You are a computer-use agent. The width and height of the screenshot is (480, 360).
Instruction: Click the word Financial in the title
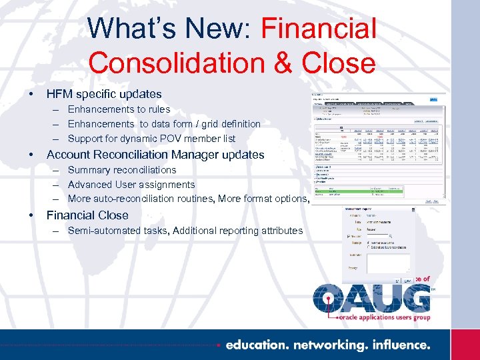pos(319,29)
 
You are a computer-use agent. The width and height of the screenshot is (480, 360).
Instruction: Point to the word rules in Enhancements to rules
pos(157,109)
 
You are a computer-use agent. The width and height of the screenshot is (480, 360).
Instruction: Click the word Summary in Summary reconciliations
pos(89,170)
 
